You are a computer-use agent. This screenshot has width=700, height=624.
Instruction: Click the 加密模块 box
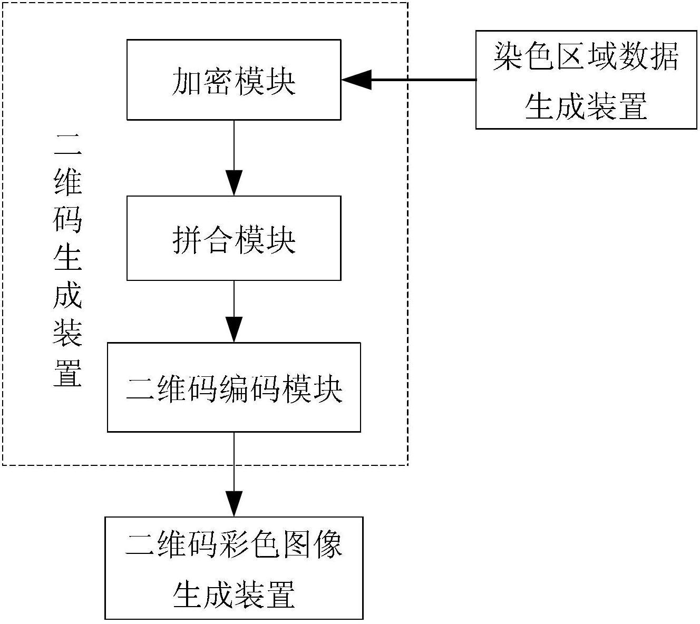pos(234,80)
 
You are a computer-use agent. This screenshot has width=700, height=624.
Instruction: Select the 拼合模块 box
pos(234,238)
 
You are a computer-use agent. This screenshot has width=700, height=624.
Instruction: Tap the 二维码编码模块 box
pos(234,387)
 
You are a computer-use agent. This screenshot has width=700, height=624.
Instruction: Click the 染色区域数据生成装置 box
pos(586,80)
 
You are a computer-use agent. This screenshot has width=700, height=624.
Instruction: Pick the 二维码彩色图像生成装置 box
pos(234,568)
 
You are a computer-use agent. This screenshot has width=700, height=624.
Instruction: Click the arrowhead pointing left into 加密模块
pos(356,80)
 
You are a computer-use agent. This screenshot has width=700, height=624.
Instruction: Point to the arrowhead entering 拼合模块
pos(234,183)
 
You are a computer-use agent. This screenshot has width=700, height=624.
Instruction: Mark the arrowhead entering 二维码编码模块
pos(234,330)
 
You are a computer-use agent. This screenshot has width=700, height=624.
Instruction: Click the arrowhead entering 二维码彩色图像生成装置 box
pos(234,504)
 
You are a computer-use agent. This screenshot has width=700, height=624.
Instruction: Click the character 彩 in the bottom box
pos(234,544)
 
